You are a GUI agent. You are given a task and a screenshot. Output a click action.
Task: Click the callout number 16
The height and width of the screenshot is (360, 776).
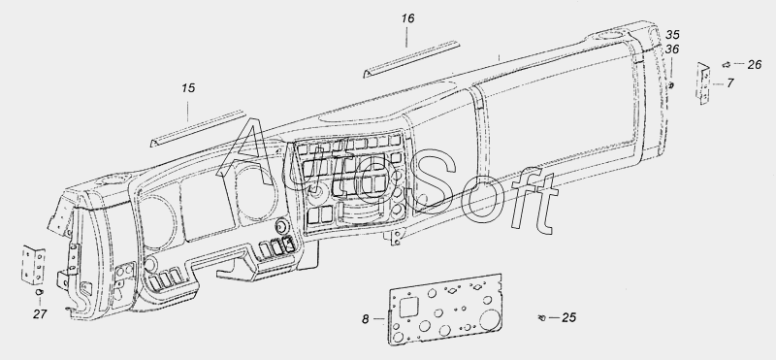[407, 18]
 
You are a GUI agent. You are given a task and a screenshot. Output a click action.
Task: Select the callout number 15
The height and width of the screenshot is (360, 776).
[188, 88]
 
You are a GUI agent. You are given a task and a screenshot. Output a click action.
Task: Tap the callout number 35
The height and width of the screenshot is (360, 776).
[672, 35]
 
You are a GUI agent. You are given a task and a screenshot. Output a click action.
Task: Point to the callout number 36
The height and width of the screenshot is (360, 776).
[672, 49]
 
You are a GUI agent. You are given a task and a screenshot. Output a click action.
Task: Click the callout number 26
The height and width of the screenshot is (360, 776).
[755, 64]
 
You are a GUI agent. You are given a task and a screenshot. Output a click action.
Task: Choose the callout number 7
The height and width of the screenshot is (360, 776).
[730, 83]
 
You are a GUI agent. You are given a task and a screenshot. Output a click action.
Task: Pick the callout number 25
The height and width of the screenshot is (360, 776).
[569, 317]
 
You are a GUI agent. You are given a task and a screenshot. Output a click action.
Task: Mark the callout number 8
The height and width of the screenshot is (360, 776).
[366, 319]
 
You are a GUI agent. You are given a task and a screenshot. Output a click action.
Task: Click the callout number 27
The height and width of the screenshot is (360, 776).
[40, 314]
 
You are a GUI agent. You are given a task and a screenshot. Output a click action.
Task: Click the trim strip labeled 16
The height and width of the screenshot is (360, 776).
[411, 59]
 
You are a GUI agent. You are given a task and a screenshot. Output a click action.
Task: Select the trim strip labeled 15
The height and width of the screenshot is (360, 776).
[198, 128]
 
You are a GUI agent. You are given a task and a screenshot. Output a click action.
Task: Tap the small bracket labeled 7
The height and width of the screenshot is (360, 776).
[702, 82]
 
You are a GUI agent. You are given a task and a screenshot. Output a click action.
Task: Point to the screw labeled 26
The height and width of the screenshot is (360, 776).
[727, 64]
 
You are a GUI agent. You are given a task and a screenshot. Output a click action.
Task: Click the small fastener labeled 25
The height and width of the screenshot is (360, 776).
[541, 317]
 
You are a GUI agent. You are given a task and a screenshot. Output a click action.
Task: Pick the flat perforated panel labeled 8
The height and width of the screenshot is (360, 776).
[444, 310]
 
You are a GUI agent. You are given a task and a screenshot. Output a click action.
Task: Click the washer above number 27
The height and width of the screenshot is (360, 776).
[40, 292]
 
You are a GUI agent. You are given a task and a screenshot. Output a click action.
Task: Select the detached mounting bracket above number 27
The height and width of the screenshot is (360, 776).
[33, 265]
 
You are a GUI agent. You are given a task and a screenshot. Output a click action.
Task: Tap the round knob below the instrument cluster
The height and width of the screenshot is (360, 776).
[282, 226]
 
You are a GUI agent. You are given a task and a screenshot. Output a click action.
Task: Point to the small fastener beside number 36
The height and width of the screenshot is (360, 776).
[671, 85]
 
